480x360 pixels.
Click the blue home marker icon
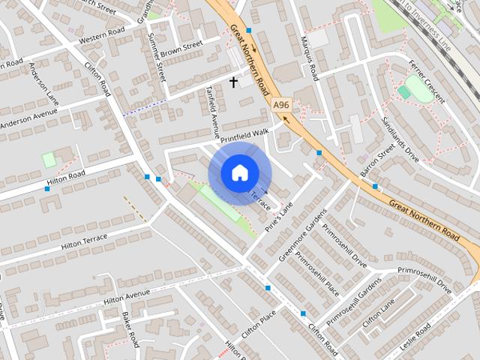[238, 172]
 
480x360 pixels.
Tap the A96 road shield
[281, 106]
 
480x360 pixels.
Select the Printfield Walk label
[244, 136]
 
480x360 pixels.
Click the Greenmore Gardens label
[303, 235]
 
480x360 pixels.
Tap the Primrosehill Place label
[316, 274]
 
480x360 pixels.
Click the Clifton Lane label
[378, 313]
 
